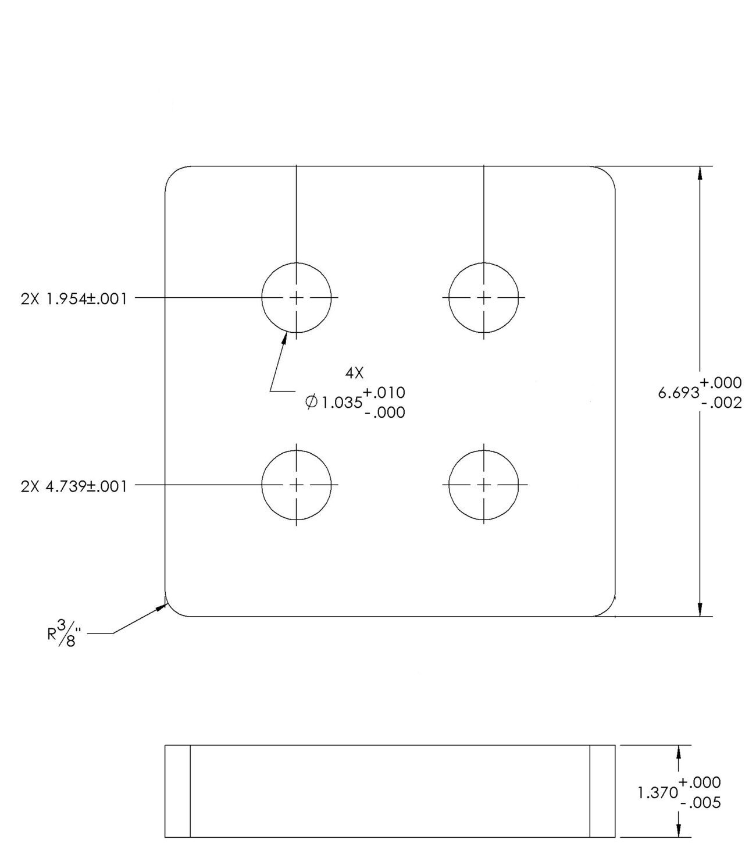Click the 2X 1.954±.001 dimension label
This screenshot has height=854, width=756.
pyautogui.click(x=74, y=299)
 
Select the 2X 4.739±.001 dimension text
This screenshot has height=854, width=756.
pyautogui.click(x=74, y=486)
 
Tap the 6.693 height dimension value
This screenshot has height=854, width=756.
pyautogui.click(x=678, y=393)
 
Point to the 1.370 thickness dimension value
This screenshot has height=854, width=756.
pyautogui.click(x=657, y=793)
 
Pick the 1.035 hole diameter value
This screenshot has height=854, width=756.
pyautogui.click(x=342, y=403)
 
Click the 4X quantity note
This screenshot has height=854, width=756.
pyautogui.click(x=354, y=373)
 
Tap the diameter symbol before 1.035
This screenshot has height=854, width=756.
pyautogui.click(x=311, y=402)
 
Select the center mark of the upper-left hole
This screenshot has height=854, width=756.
pyautogui.click(x=296, y=298)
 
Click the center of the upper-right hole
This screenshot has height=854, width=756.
pyautogui.click(x=484, y=298)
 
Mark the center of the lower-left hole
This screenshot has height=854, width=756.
pyautogui.click(x=296, y=485)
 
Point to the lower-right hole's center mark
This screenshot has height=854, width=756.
pyautogui.click(x=484, y=485)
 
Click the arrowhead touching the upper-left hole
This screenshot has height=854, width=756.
pyautogui.click(x=285, y=338)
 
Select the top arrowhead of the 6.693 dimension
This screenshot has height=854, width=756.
pyautogui.click(x=700, y=174)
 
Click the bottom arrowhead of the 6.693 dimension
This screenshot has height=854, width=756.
pyautogui.click(x=700, y=609)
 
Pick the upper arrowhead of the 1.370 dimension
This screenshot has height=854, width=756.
pyautogui.click(x=679, y=752)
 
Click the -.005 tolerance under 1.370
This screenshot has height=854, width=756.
pyautogui.click(x=700, y=803)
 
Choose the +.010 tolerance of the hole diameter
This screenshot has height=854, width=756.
pyautogui.click(x=384, y=393)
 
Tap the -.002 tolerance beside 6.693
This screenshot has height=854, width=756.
pyautogui.click(x=722, y=403)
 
